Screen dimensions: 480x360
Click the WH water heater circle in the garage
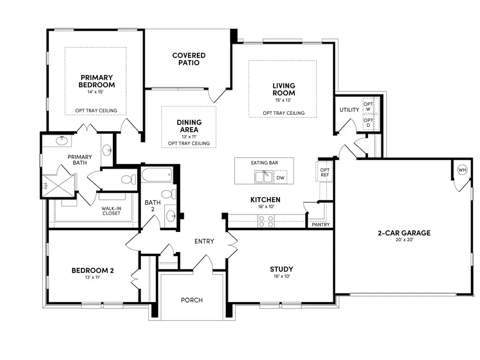pos(462,169)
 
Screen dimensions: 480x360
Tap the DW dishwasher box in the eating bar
pos(280,177)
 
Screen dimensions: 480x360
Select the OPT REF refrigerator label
pos(324,172)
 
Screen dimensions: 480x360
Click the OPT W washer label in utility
pos(368,107)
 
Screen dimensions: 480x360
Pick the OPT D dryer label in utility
pos(368,122)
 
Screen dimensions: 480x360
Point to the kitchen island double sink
pos(264,177)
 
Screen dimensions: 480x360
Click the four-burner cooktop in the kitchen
pos(266,221)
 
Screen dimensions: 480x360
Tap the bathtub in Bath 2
pos(157,175)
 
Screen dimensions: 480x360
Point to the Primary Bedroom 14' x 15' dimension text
pos(96,92)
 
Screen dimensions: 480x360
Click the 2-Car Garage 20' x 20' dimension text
pos(404,240)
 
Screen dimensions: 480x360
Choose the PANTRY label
pos(321,224)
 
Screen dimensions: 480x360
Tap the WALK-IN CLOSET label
pos(111,211)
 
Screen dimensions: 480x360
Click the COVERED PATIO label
pos(189,59)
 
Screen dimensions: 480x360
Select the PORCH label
pos(192,300)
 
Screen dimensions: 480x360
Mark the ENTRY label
pos(204,241)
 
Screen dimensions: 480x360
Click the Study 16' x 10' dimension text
pos(282,276)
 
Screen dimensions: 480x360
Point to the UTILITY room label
pos(349,109)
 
